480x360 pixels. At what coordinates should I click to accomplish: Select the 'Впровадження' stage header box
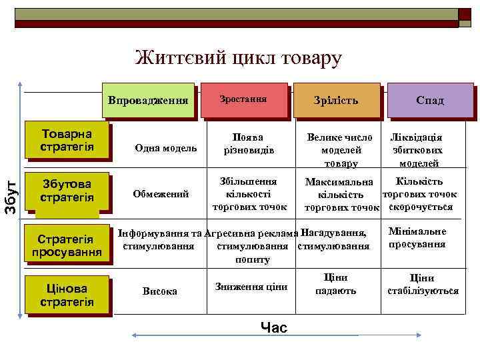[x=152, y=99]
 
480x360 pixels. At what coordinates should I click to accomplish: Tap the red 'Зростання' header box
[x=243, y=99]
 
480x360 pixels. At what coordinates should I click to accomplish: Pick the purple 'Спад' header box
[x=429, y=100]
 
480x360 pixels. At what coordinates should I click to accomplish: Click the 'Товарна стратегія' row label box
[x=67, y=139]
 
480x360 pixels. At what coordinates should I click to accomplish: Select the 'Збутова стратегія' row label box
[x=67, y=191]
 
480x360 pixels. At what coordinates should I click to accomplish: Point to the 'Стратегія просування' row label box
[x=67, y=245]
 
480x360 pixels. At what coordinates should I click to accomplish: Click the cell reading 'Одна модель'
[x=165, y=148]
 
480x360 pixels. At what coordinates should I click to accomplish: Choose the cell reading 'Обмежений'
[x=161, y=194]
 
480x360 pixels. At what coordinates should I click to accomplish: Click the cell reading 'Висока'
[x=160, y=291]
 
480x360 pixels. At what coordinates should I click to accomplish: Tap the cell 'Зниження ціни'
[x=250, y=287]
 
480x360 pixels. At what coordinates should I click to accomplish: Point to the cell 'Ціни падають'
[x=335, y=284]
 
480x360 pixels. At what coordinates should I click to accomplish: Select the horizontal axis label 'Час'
[x=274, y=327]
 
